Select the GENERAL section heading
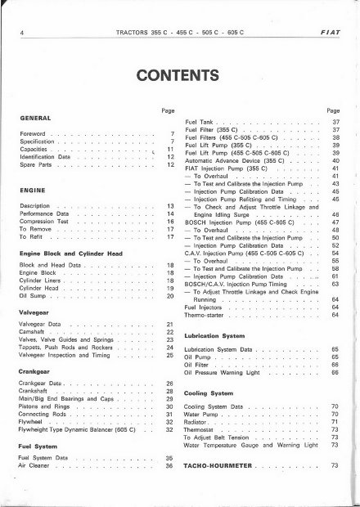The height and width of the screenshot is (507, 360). pyautogui.click(x=42, y=118)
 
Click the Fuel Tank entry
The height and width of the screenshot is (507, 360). pyautogui.click(x=201, y=121)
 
